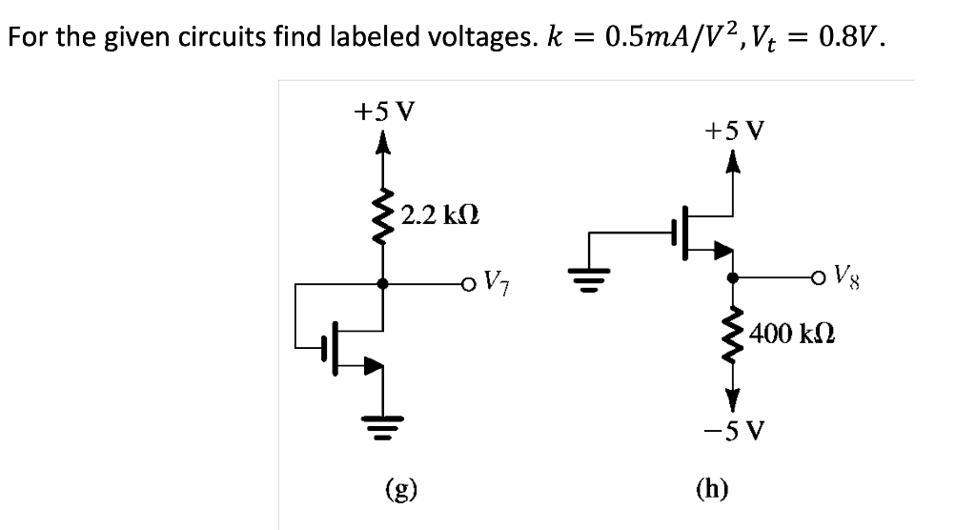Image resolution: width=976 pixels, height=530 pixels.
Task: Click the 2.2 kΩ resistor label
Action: pos(439,214)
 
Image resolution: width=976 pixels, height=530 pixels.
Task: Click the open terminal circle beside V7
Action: pos(467,283)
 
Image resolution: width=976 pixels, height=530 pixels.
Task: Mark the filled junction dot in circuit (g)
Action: pos(383,283)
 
